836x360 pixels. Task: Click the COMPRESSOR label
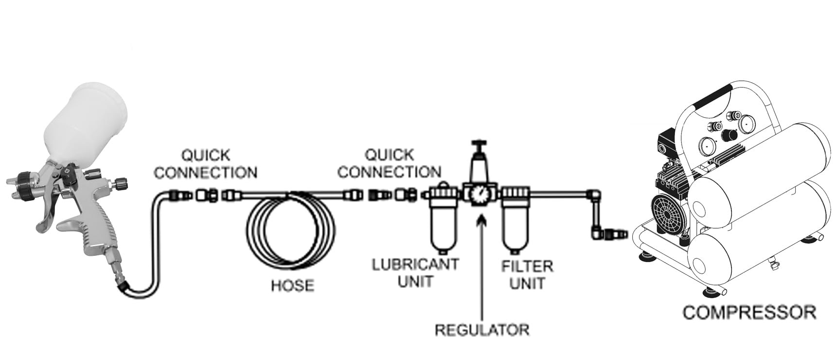click(749, 312)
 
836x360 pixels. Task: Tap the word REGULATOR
click(481, 329)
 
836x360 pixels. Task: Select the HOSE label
click(292, 285)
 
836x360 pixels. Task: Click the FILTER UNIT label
click(527, 274)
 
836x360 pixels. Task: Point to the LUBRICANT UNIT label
click(415, 272)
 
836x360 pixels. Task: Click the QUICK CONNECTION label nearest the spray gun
click(205, 164)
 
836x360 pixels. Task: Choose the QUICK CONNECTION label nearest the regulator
click(389, 164)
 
